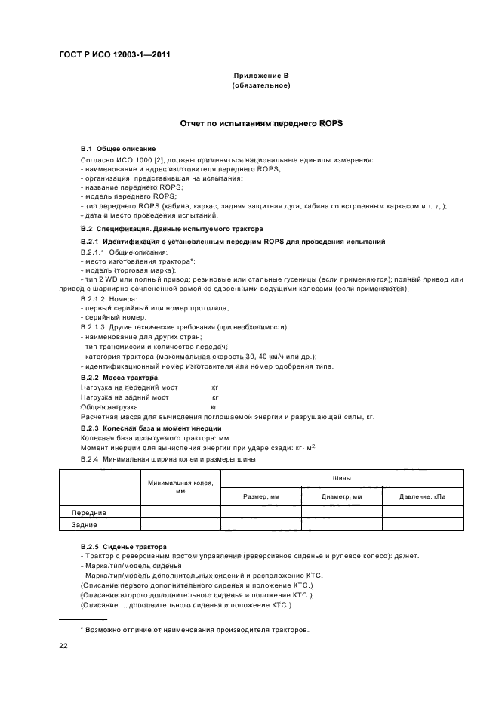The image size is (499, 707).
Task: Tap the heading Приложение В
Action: click(x=261, y=76)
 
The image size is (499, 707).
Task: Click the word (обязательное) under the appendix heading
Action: click(x=261, y=85)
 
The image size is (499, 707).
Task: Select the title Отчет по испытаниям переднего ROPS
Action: click(x=261, y=122)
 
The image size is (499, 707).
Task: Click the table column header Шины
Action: click(x=341, y=477)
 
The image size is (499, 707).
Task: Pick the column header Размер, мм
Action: click(x=261, y=496)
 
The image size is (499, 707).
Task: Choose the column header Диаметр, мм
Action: click(x=342, y=496)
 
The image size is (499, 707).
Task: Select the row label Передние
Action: click(x=85, y=511)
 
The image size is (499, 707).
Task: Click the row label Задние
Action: click(x=85, y=523)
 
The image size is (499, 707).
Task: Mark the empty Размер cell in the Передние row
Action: click(x=261, y=511)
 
